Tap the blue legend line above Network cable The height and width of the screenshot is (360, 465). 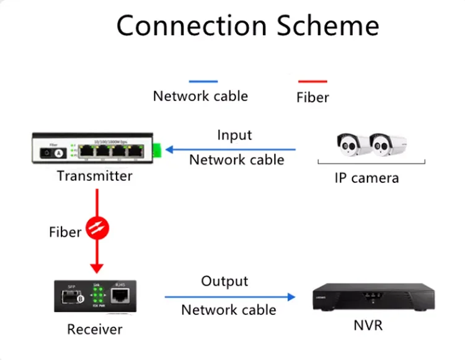(x=203, y=81)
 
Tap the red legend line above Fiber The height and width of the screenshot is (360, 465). (x=312, y=81)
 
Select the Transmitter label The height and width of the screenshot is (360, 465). (x=94, y=176)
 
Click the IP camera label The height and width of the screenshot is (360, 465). (x=366, y=178)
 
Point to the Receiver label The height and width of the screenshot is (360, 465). (x=95, y=330)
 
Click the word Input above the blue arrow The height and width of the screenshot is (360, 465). (x=234, y=135)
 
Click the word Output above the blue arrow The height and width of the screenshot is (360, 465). (x=224, y=282)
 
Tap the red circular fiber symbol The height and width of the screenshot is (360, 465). (x=97, y=229)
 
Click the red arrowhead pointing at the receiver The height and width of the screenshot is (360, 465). (x=97, y=268)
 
